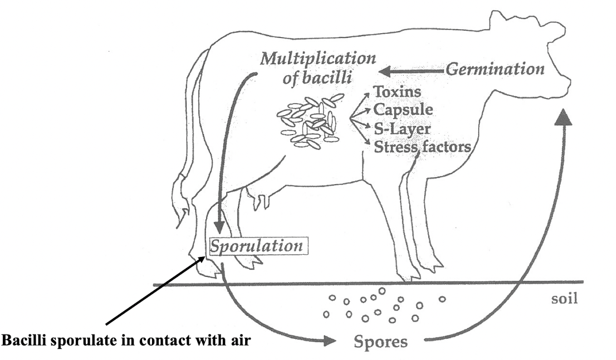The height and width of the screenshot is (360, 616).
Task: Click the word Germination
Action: tap(495, 70)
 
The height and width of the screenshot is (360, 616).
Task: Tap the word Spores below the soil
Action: tap(378, 341)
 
